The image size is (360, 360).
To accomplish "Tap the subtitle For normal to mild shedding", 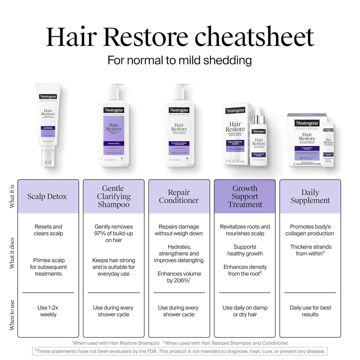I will click(x=180, y=60).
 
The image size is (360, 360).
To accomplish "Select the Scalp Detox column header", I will click(x=48, y=197).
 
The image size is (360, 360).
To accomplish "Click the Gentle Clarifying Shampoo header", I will click(x=114, y=197).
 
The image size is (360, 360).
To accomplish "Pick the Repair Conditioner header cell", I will click(x=179, y=197).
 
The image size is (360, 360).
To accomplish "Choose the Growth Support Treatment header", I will click(x=245, y=197).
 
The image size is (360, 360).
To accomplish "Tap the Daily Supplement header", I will click(x=310, y=197).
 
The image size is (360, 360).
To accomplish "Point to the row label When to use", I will click(x=12, y=315).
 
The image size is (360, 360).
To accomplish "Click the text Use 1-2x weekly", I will click(x=48, y=311).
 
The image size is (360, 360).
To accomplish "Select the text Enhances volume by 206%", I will click(x=179, y=277).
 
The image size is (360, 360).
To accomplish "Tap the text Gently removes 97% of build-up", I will click(x=114, y=233).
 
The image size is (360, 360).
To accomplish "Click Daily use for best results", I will click(x=310, y=311).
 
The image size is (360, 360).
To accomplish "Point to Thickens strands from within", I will click(x=310, y=250).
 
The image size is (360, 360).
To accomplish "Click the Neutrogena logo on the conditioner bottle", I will click(x=179, y=110).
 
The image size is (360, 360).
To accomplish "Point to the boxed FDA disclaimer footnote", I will click(x=180, y=351).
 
